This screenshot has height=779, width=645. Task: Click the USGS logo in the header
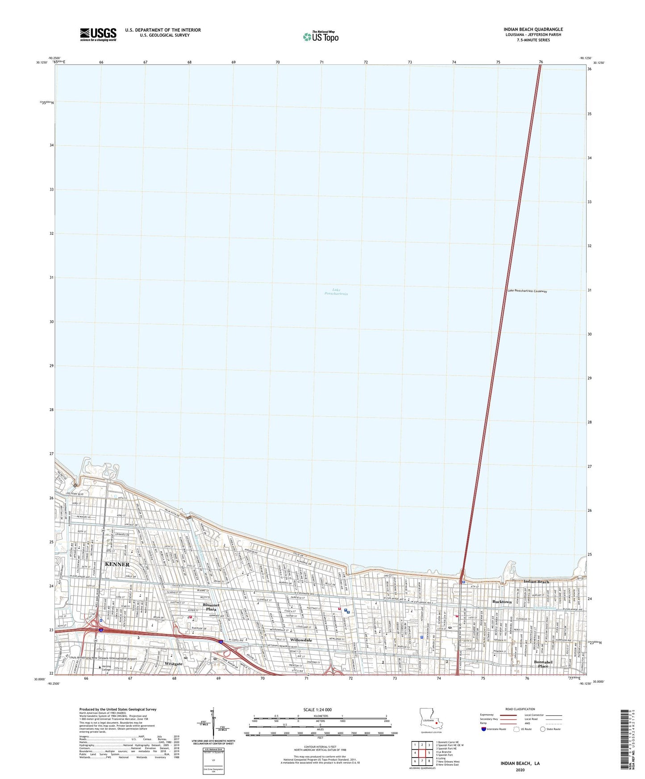(98, 34)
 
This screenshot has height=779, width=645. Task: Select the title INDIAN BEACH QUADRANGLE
(533, 29)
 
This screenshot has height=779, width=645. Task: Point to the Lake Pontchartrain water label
(336, 292)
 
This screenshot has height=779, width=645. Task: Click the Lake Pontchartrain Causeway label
(527, 291)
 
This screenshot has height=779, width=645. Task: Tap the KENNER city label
(117, 564)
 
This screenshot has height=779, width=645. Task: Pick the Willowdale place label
(301, 640)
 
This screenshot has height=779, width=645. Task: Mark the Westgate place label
(173, 664)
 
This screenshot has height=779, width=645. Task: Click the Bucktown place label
(502, 602)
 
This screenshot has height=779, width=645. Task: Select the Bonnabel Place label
(543, 664)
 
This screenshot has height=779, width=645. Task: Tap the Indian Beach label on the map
(536, 582)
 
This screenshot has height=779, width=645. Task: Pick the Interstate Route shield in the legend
(484, 729)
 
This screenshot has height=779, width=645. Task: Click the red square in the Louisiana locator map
(437, 736)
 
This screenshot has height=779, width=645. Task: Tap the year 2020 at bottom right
(520, 770)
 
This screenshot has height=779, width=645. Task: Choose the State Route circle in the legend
(543, 729)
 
